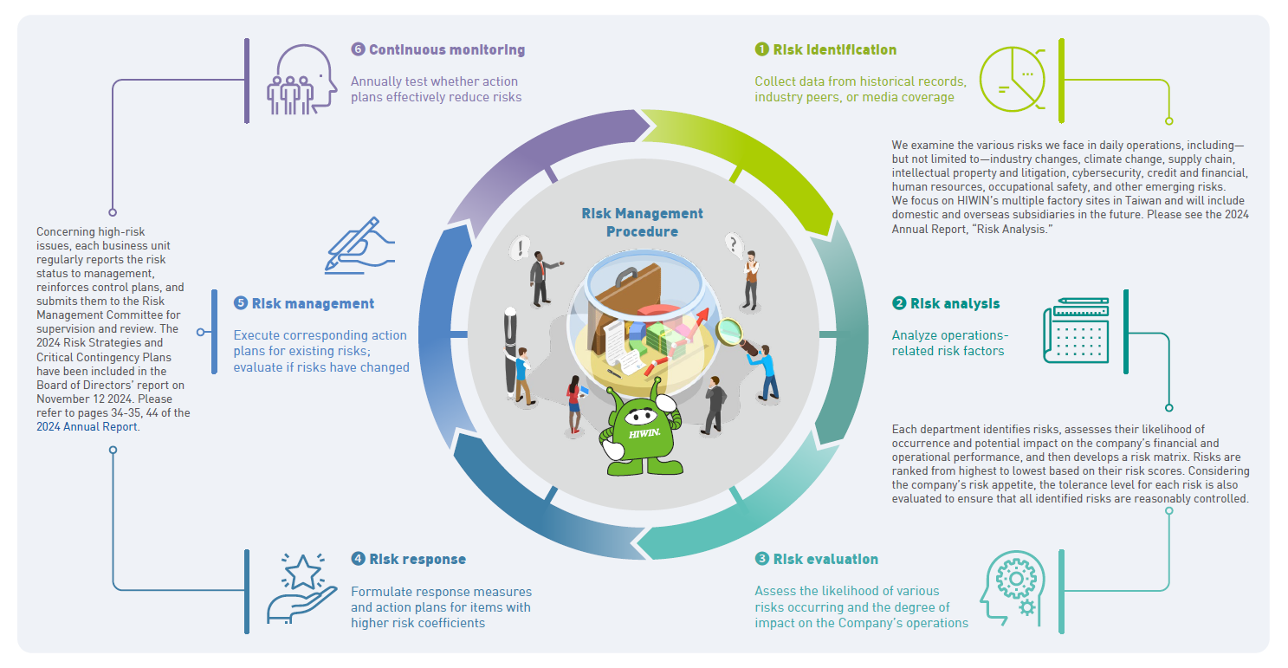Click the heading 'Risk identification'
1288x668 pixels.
tap(834, 50)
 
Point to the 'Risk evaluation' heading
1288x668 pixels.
tap(825, 560)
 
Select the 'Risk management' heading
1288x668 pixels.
tap(313, 304)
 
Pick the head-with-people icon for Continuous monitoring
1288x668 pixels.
tap(301, 80)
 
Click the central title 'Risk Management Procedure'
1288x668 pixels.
tap(642, 223)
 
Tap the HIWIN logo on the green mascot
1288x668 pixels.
tap(644, 431)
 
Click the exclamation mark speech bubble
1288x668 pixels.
tap(521, 249)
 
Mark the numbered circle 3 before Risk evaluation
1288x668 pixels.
tap(761, 560)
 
